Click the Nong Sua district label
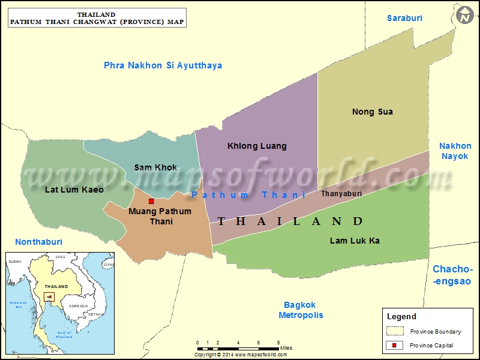(372, 112)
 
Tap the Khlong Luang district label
(257, 146)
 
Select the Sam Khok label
(155, 167)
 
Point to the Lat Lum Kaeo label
(74, 190)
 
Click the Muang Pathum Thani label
(160, 216)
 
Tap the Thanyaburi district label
(341, 194)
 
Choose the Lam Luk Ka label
(355, 241)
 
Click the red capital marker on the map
(151, 202)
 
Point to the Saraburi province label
(404, 18)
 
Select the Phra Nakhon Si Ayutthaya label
(163, 65)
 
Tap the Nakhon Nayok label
(455, 151)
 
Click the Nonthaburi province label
(38, 242)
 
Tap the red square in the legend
(394, 345)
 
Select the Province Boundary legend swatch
(394, 331)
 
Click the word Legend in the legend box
(401, 316)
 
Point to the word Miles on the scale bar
(286, 348)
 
